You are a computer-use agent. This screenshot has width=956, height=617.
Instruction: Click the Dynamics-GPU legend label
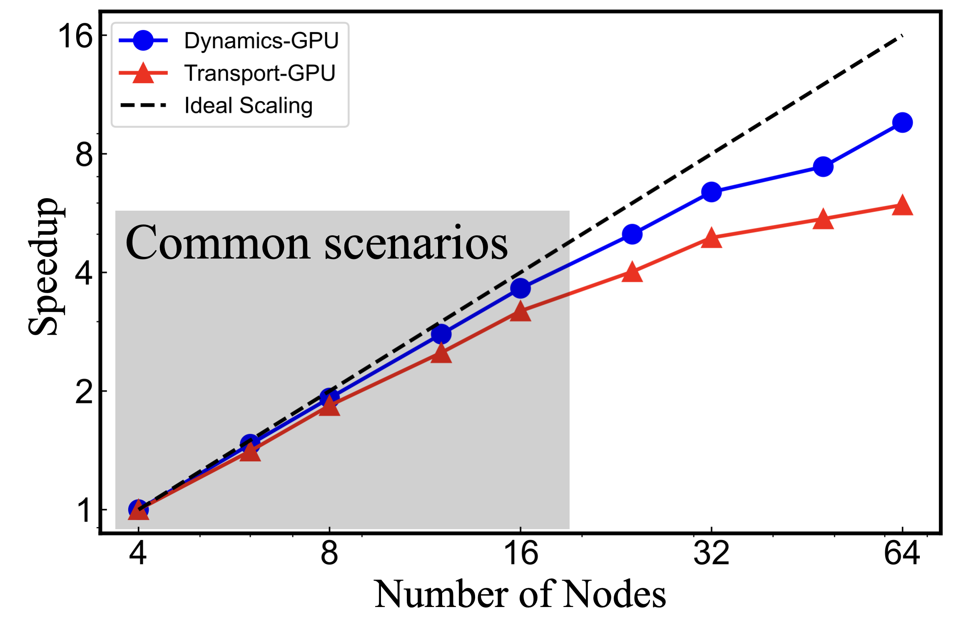point(261,41)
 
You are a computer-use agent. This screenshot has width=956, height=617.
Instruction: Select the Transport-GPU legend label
point(260,73)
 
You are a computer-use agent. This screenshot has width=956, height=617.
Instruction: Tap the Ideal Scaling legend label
point(249,105)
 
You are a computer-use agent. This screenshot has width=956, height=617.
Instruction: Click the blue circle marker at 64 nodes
point(902,122)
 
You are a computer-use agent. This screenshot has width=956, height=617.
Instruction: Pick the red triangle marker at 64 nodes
point(902,205)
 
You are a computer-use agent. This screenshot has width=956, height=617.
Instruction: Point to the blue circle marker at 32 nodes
point(712,192)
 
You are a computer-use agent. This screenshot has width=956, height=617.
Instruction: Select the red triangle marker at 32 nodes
point(712,238)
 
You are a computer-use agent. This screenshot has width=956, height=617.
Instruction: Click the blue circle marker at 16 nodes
point(520,288)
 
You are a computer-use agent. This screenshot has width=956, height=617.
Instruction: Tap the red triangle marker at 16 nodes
point(520,311)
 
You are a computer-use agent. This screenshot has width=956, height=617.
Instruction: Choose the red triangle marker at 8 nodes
point(329,406)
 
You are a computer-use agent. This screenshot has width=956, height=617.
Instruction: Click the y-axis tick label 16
point(75,36)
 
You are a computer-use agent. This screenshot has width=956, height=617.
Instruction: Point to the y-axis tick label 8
point(84,154)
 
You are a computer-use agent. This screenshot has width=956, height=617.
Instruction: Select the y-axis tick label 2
point(84,392)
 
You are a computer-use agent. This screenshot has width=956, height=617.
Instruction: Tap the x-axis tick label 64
point(902,553)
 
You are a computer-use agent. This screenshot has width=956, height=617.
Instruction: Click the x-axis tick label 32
point(711,553)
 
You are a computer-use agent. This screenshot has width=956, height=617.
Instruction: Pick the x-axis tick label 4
point(138,553)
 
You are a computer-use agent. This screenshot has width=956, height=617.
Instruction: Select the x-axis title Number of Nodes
point(520,595)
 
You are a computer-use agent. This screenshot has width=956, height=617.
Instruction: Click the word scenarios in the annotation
point(416,243)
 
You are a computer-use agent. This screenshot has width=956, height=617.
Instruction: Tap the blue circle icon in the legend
point(143,41)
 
